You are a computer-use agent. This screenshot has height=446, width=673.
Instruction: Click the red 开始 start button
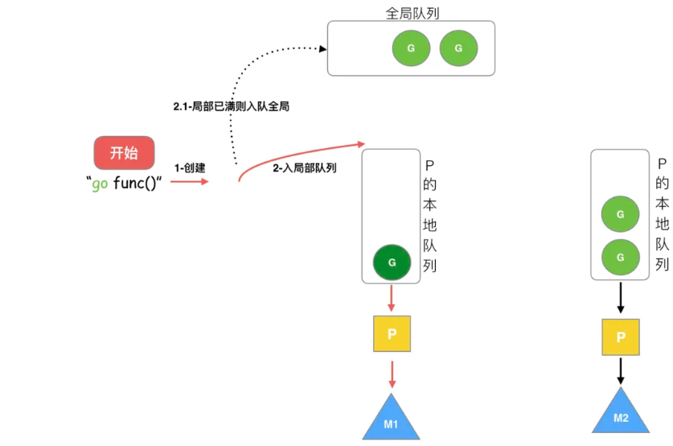[123, 152]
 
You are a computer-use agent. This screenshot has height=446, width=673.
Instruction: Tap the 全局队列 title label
[412, 14]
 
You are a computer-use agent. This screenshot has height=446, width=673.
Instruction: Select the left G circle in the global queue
[411, 48]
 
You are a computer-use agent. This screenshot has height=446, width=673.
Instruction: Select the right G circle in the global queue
[458, 48]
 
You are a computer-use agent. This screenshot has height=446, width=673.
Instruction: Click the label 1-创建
[190, 168]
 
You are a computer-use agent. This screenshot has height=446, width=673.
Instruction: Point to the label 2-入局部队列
[304, 168]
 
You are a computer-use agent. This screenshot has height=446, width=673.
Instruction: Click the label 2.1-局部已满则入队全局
[231, 105]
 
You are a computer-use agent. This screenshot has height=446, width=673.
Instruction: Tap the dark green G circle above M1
[392, 262]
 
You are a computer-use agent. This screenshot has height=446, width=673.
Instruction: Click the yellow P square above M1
[392, 333]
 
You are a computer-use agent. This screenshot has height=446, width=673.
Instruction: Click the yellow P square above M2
[621, 337]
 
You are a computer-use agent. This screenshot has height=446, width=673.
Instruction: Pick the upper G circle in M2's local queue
[620, 215]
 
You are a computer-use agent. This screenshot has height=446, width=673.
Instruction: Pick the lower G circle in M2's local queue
[620, 257]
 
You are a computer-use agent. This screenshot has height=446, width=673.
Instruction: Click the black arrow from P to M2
[621, 371]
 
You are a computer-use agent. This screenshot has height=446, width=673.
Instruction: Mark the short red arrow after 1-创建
[190, 181]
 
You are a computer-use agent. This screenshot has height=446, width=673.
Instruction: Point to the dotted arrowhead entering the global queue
[323, 49]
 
